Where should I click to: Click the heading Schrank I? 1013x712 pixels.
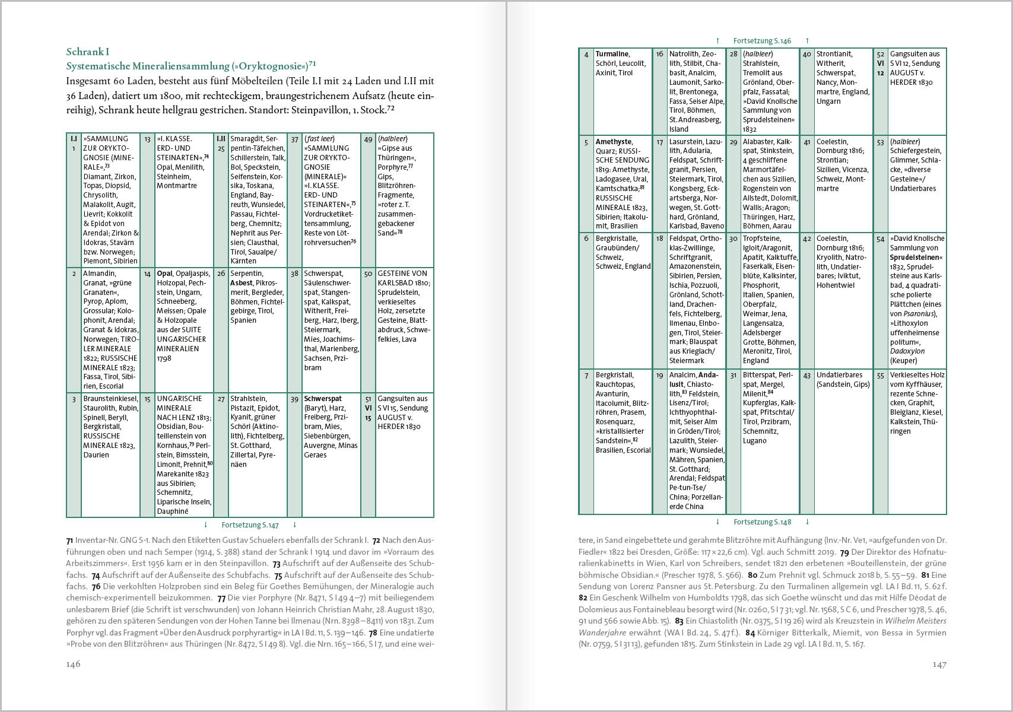[x=88, y=52]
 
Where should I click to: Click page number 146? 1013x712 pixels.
[x=73, y=664]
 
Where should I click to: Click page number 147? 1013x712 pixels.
[x=939, y=664]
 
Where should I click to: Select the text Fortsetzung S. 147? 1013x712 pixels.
[x=250, y=525]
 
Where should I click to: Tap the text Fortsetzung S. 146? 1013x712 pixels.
[x=762, y=41]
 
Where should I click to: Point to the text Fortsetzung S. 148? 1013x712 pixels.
[x=762, y=522]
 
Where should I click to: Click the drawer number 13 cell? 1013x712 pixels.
[x=148, y=139]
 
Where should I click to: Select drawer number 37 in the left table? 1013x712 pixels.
[x=294, y=139]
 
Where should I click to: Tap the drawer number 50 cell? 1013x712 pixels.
[x=368, y=274]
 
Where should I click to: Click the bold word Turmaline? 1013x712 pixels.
[x=612, y=54]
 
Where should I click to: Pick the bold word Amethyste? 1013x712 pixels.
[x=614, y=142]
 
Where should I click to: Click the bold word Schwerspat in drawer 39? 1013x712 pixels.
[x=323, y=399]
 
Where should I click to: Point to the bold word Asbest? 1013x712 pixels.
[x=242, y=283]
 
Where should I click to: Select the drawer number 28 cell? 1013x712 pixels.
[x=733, y=54]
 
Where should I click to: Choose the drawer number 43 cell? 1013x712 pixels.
[x=806, y=376]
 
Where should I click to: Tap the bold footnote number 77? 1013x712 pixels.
[x=221, y=598]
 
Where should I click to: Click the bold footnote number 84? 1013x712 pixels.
[x=750, y=633]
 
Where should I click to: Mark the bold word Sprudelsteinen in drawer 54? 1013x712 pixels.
[x=914, y=258]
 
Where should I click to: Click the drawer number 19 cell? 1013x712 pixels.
[x=659, y=376]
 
